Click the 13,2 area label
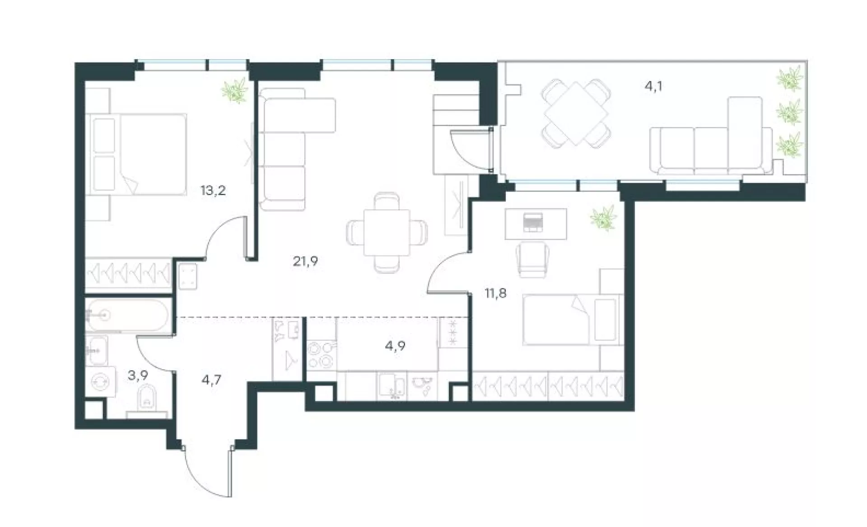click(x=213, y=191)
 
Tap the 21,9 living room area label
click(x=306, y=261)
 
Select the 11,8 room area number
click(x=495, y=294)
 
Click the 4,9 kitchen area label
click(x=396, y=346)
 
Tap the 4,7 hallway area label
click(x=211, y=379)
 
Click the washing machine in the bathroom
click(x=100, y=382)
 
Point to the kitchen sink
click(x=392, y=386)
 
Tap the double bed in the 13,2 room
click(x=136, y=154)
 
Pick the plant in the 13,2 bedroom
click(x=235, y=90)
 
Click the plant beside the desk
click(x=604, y=218)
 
